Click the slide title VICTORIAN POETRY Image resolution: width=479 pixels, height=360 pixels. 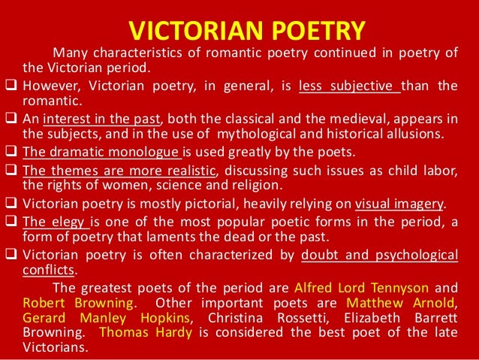tap(247, 31)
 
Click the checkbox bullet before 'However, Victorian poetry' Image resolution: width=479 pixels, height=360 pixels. tap(10, 86)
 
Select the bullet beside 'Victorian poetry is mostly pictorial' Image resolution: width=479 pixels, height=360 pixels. tap(10, 204)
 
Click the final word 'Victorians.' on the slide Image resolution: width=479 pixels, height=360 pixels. tap(56, 348)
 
